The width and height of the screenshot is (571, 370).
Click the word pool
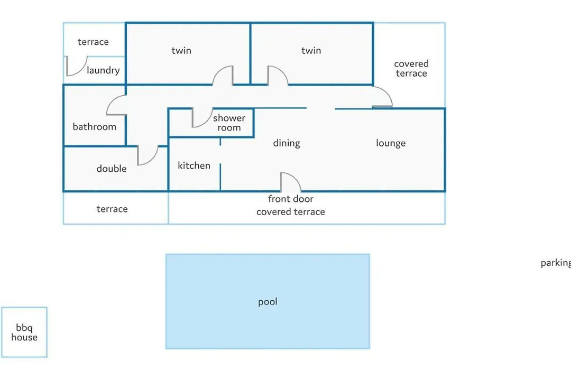point(268,302)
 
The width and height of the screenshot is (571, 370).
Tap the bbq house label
point(24,332)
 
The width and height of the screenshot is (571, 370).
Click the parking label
point(556,263)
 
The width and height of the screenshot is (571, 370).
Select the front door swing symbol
point(291,182)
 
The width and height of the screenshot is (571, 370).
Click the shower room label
point(229,123)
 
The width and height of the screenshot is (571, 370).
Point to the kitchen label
point(194,165)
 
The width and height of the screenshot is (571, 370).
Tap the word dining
point(287,143)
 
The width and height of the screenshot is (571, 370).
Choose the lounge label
point(391,143)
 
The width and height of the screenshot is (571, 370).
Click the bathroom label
point(95,127)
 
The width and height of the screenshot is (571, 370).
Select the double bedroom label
point(112,169)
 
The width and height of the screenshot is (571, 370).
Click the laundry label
point(104,70)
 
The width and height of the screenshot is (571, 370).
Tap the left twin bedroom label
point(181,50)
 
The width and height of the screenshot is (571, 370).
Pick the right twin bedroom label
point(311,50)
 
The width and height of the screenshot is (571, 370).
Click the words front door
point(291,199)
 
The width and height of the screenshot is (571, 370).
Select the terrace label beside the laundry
point(93,42)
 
